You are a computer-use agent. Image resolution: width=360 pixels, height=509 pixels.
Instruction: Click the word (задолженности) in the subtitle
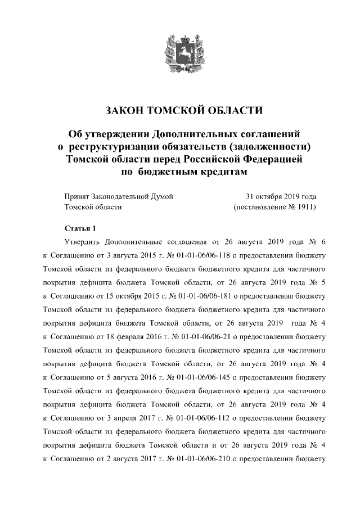(x=264, y=147)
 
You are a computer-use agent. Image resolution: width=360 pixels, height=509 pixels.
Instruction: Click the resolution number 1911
(x=302, y=207)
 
